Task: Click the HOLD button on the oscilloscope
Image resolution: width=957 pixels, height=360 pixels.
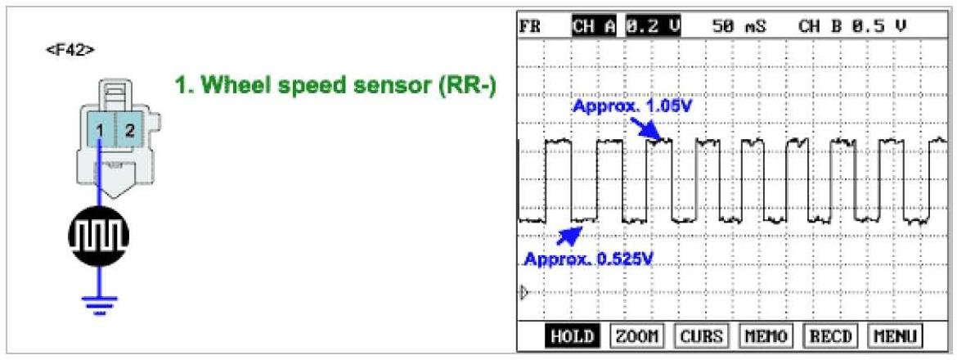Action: (570, 336)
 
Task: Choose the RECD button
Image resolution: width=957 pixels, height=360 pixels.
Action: (828, 336)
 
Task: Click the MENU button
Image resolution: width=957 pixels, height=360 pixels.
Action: (892, 336)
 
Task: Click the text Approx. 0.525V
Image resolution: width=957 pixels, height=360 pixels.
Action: (589, 260)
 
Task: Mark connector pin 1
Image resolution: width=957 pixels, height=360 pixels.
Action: (99, 129)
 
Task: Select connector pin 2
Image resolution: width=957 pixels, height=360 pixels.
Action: (129, 129)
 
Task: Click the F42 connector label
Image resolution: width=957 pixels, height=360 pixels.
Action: (70, 50)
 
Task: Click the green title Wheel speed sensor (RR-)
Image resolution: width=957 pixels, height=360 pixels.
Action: (336, 86)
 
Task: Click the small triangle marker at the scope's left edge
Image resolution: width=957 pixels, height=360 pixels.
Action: (525, 291)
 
